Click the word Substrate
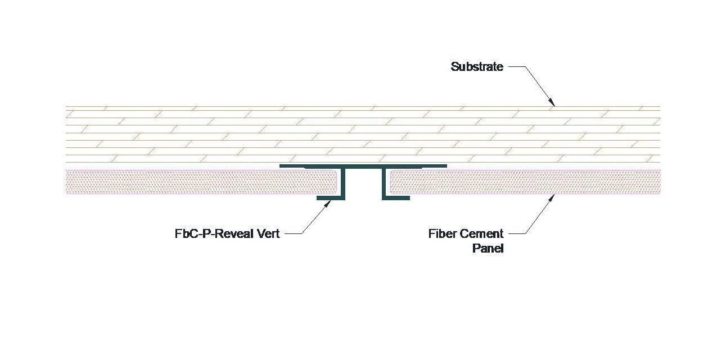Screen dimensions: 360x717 coord(477,67)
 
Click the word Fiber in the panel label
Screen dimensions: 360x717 coord(442,233)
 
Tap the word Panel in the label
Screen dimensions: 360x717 coord(488,248)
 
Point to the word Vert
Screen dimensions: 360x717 coord(267,233)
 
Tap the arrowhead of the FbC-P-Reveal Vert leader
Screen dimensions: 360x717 coord(329,202)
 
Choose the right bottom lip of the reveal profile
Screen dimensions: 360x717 coord(396,198)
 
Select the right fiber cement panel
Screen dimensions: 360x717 coord(523,182)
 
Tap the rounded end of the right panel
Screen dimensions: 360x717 coord(391,182)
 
